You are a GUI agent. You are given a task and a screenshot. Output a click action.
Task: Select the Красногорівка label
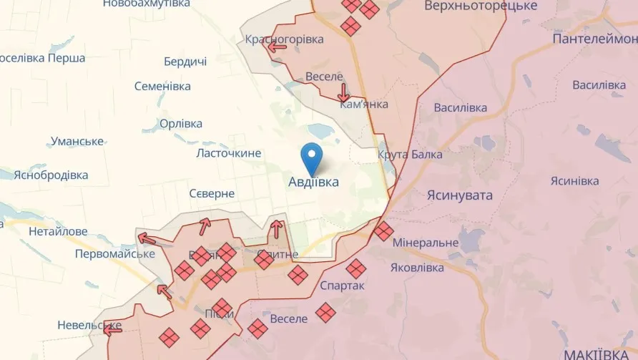tap(284, 39)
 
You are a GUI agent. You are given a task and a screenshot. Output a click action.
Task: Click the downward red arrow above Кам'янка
tap(344, 92)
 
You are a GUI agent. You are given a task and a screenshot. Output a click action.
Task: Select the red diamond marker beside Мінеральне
tap(383, 230)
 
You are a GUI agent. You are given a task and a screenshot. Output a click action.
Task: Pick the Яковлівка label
tap(417, 268)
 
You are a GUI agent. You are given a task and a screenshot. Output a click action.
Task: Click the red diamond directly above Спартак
tap(355, 268)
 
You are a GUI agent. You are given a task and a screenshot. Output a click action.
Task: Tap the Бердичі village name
tap(185, 62)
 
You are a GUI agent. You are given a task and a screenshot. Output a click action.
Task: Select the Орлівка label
tap(182, 124)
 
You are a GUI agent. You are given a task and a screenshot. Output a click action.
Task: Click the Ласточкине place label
tap(228, 153)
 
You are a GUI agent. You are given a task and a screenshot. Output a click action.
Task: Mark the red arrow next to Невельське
tap(112, 329)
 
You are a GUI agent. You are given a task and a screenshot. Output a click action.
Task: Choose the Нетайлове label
tap(58, 231)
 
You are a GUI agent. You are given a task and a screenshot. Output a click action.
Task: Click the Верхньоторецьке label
tap(480, 6)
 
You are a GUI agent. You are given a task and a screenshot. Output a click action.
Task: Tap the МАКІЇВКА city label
tap(599, 354)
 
